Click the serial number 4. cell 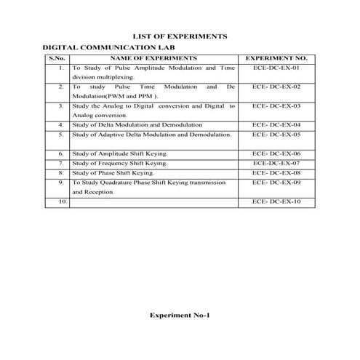pos(61,125)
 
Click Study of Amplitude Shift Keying pos(120,155)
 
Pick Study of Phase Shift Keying pos(113,174)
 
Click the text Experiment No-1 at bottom pos(180,316)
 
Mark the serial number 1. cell pos(61,68)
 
